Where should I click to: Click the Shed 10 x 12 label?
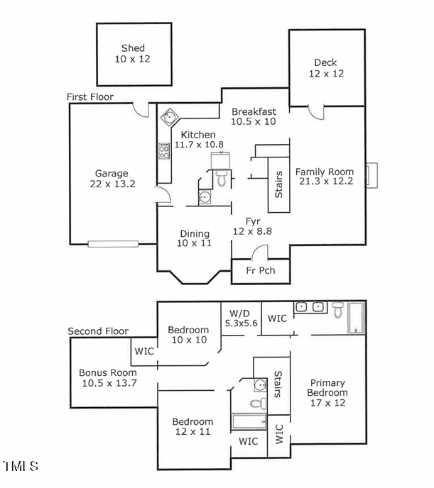pyautogui.click(x=133, y=54)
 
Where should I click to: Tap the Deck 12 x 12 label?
pyautogui.click(x=326, y=68)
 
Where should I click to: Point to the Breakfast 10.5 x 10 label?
pyautogui.click(x=254, y=116)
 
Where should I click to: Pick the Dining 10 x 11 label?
pyautogui.click(x=194, y=238)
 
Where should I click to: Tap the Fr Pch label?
pyautogui.click(x=261, y=270)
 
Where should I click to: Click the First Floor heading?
pyautogui.click(x=89, y=96)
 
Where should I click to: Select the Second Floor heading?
pyautogui.click(x=98, y=331)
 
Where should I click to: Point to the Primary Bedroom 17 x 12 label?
pyautogui.click(x=327, y=393)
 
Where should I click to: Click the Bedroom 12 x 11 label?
pyautogui.click(x=192, y=426)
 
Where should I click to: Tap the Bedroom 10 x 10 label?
pyautogui.click(x=188, y=335)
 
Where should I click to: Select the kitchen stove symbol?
pyautogui.click(x=163, y=150)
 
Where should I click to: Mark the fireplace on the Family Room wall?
pyautogui.click(x=371, y=174)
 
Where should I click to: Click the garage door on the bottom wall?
pyautogui.click(x=112, y=244)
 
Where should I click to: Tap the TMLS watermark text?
pyautogui.click(x=21, y=466)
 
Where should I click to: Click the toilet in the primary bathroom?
pyautogui.click(x=338, y=309)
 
